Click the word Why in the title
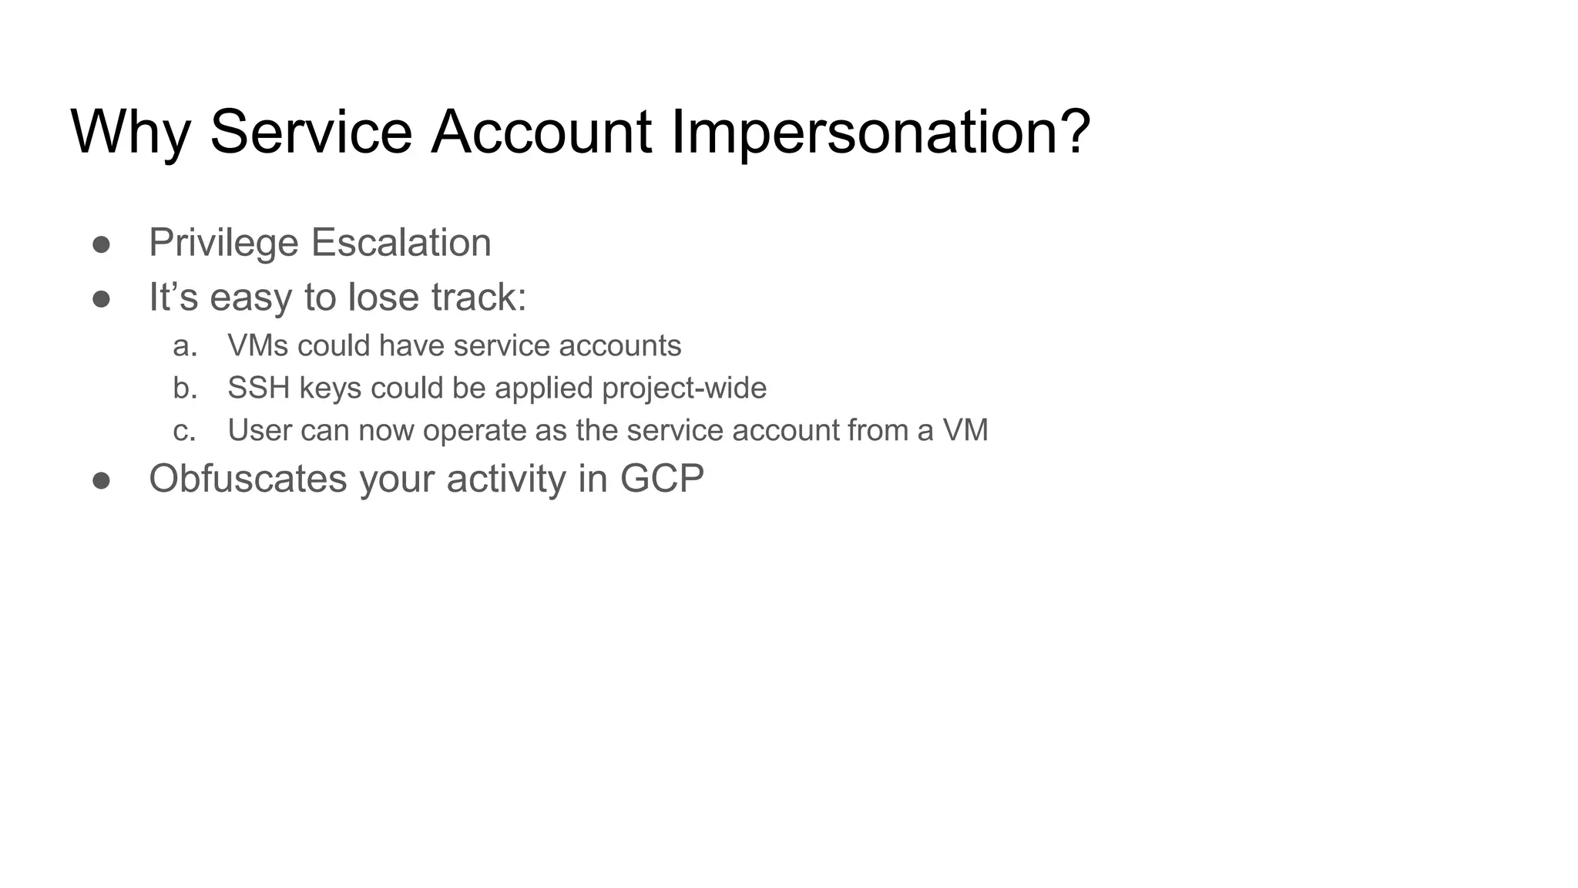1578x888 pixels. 130,133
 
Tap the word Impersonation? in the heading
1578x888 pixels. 881,133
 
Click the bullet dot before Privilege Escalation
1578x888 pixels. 101,244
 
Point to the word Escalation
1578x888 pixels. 401,243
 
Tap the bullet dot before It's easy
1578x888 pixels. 101,298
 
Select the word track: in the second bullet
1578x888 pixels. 478,298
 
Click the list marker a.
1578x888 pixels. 185,346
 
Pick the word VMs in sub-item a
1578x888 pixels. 257,346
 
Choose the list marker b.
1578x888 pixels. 185,388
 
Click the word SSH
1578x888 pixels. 258,388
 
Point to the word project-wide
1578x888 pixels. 684,388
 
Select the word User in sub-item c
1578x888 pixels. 259,430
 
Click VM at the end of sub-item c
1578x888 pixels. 965,430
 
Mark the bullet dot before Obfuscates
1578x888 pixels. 101,480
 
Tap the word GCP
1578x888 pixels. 662,479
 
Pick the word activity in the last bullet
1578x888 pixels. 506,479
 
